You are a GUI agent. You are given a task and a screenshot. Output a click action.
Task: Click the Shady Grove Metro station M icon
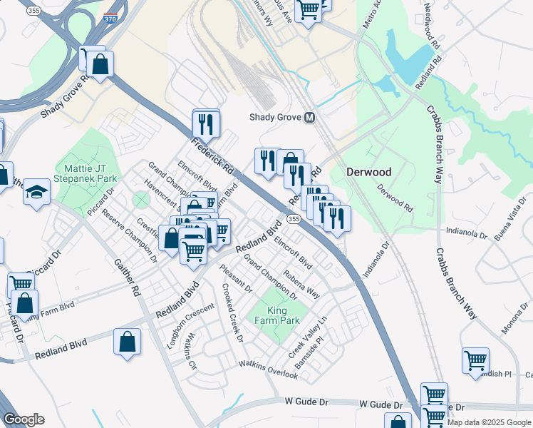pyautogui.click(x=309, y=118)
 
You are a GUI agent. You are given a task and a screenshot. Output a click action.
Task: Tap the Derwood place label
pyautogui.click(x=368, y=172)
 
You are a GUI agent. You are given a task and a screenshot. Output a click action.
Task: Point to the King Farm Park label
pyautogui.click(x=274, y=316)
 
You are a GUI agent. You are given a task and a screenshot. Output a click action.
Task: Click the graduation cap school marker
pyautogui.click(x=36, y=193)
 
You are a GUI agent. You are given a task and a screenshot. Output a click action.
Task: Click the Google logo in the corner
pyautogui.click(x=24, y=419)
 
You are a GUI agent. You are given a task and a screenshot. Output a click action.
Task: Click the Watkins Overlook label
pyautogui.click(x=267, y=369)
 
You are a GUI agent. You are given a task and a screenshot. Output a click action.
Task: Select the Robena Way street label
pyautogui.click(x=301, y=283)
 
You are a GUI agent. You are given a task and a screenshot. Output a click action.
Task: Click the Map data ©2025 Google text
pyautogui.click(x=489, y=422)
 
